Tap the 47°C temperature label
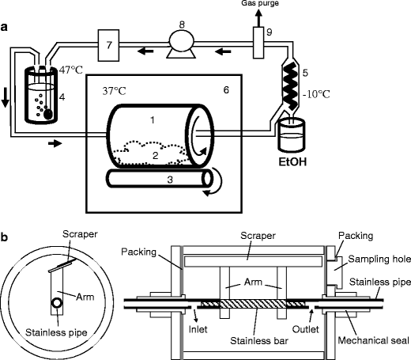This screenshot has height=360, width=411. [x=67, y=69]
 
